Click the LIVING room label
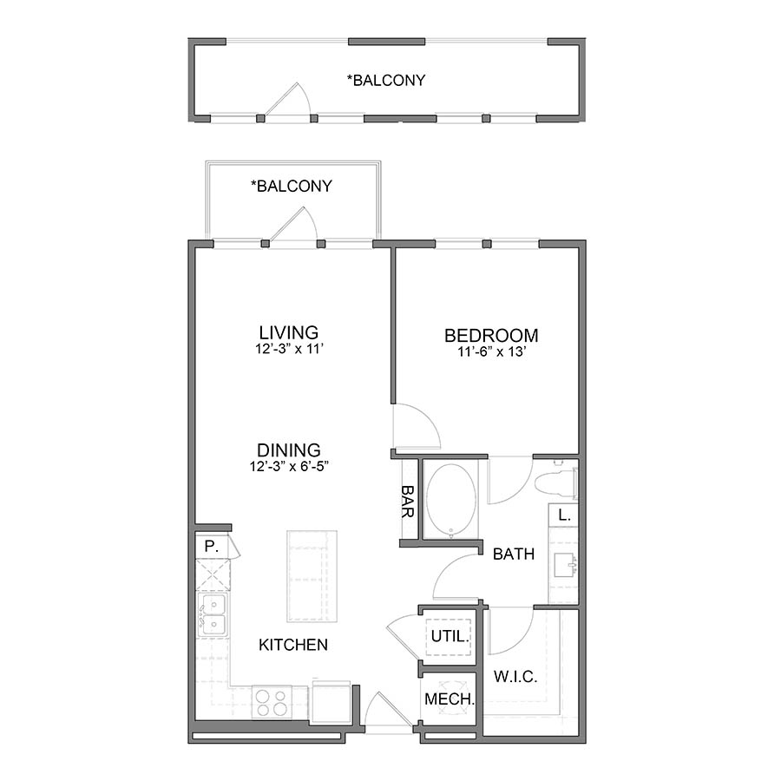(289, 332)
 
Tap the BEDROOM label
(491, 335)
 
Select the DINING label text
(289, 450)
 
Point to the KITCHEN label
(293, 645)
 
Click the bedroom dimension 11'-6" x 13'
(491, 351)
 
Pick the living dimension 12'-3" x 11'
(289, 349)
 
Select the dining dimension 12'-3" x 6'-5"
(289, 466)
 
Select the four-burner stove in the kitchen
(272, 701)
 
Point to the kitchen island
(310, 575)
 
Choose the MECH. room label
(449, 699)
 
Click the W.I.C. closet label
(515, 676)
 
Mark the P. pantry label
(209, 547)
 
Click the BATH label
(514, 554)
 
